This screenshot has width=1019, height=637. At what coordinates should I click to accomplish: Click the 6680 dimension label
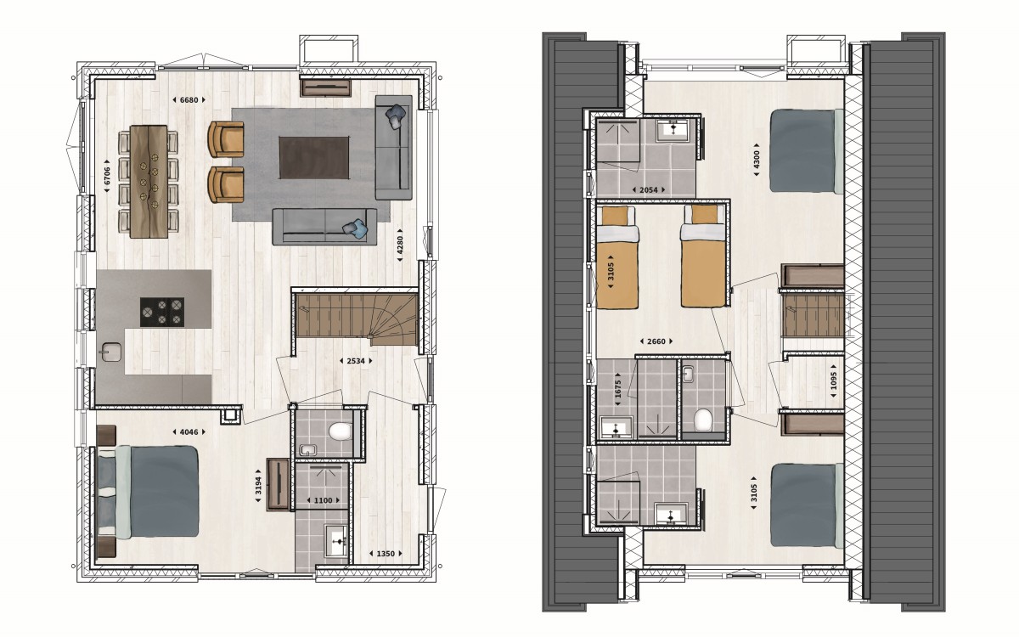tap(189, 100)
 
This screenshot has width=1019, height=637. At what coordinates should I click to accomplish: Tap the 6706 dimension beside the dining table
tap(107, 176)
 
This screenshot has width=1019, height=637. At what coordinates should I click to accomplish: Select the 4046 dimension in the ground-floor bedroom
tap(189, 431)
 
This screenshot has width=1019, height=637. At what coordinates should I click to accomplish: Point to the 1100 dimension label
tap(323, 500)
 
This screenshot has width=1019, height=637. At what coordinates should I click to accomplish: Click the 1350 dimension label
tap(386, 554)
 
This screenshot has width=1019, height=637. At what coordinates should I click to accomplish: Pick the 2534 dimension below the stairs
tap(356, 361)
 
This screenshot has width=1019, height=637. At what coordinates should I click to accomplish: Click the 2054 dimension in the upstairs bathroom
tap(648, 189)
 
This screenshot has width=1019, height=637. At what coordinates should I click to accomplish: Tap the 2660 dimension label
tap(656, 341)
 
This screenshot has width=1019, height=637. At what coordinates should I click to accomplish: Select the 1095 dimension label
tap(833, 381)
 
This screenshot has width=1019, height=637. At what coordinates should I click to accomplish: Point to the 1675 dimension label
tap(618, 390)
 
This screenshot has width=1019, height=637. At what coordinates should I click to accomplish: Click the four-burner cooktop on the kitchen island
tap(162, 313)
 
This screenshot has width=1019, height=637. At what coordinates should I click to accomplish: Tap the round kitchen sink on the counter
tap(111, 352)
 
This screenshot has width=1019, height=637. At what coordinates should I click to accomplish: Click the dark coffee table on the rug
tap(314, 158)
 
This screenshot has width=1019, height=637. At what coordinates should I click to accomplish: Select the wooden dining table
tap(149, 182)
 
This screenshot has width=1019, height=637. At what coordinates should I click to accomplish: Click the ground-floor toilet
tap(340, 431)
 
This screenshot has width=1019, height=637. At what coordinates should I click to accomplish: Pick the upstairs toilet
tap(703, 420)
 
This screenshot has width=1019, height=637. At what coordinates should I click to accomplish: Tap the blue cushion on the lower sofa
tap(355, 228)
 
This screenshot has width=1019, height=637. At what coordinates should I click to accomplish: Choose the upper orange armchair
tap(226, 139)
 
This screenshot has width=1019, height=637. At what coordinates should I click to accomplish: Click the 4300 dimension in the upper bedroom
tap(757, 160)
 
